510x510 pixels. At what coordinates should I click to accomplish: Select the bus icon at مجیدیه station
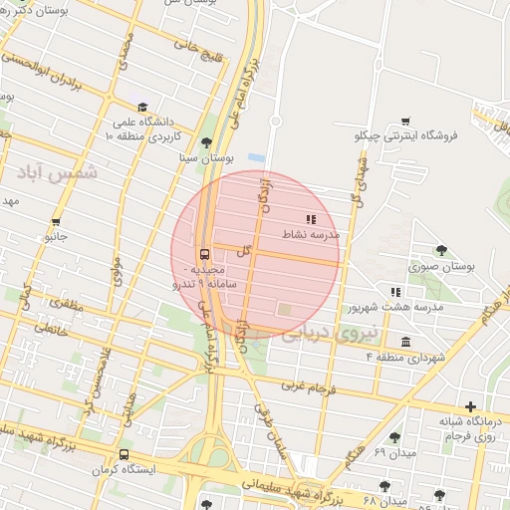tap(204, 253)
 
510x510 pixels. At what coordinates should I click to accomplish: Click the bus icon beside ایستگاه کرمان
tap(124, 453)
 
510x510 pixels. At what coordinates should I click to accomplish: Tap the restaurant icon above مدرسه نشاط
tap(311, 218)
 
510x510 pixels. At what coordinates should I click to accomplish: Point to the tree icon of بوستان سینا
tap(206, 142)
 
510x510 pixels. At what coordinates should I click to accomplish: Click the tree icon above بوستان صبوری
tap(441, 251)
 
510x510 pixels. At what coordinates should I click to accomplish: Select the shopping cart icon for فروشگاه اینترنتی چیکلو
tap(405, 121)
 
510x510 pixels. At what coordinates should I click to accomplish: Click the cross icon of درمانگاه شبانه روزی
tap(470, 406)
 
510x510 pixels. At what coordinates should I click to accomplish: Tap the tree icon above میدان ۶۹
tap(395, 437)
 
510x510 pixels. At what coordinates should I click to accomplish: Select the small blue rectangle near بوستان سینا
tap(257, 157)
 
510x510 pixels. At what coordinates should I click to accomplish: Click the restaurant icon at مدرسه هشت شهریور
tap(395, 292)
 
